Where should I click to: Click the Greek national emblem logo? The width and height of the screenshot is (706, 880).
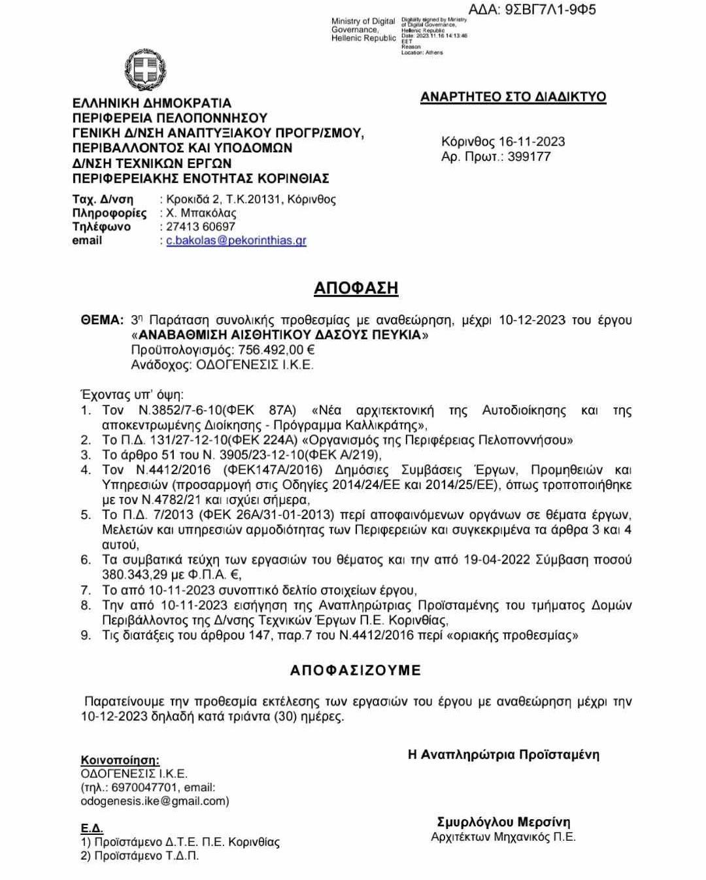click(x=145, y=70)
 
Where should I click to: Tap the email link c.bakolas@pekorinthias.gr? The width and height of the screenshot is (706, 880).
click(x=236, y=241)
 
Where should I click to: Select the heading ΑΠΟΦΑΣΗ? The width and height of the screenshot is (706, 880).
click(x=356, y=288)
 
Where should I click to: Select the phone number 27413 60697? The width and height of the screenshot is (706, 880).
click(x=200, y=227)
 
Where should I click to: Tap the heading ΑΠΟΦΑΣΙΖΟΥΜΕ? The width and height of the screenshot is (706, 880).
click(x=356, y=670)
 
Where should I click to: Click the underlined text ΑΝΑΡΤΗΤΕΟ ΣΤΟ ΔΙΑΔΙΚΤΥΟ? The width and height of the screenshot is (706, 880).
click(x=513, y=97)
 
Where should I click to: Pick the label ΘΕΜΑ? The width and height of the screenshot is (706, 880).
click(x=102, y=320)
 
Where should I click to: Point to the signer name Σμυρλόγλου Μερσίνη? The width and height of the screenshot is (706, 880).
click(x=503, y=822)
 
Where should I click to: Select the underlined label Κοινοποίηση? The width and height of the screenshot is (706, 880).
click(x=120, y=760)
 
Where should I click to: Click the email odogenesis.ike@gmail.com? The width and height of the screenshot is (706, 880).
click(x=154, y=801)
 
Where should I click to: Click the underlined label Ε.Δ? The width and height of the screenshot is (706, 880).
click(x=92, y=828)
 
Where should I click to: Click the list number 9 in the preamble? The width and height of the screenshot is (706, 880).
click(x=86, y=635)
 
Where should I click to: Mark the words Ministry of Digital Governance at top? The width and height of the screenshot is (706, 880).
click(x=363, y=25)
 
